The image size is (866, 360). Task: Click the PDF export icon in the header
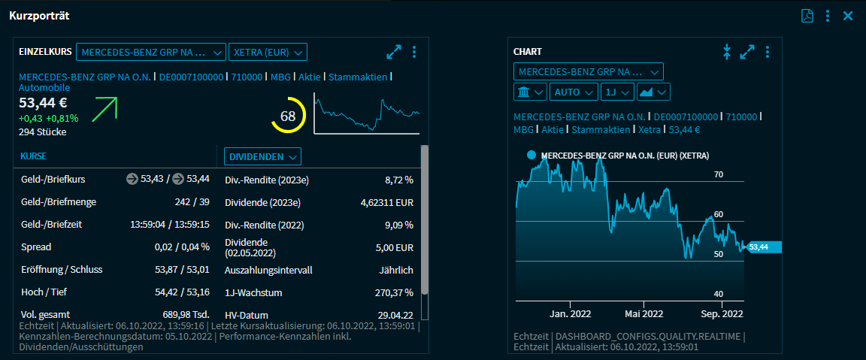(x=807, y=16)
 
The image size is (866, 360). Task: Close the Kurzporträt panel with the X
(x=848, y=16)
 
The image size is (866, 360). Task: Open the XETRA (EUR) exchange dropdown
(x=268, y=52)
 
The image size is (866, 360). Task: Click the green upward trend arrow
(x=104, y=109)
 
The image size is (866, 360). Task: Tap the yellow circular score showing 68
(x=288, y=116)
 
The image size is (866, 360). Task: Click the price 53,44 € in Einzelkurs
(x=43, y=103)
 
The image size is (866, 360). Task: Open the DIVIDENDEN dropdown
(x=262, y=156)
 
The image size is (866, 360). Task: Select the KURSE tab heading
(x=33, y=156)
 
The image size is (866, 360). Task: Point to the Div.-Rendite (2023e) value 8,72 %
(x=398, y=180)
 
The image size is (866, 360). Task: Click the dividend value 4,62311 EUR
(x=387, y=202)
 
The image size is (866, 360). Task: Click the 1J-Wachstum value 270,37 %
(x=393, y=292)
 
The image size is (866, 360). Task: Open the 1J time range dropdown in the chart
(x=616, y=92)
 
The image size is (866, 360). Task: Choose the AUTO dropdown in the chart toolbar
(x=574, y=92)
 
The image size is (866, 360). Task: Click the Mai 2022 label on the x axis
(x=642, y=313)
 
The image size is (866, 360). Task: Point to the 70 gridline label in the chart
(x=718, y=174)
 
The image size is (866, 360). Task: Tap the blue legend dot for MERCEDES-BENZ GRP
(x=531, y=155)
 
